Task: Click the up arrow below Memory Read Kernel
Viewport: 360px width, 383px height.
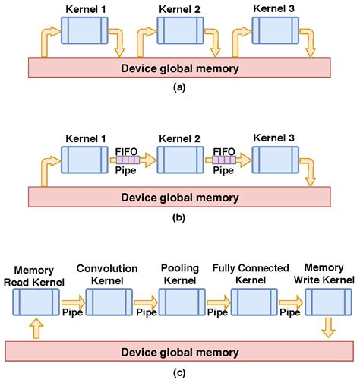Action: (36, 328)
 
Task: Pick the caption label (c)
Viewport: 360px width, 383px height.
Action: (179, 372)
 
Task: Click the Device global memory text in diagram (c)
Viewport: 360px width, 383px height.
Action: (179, 351)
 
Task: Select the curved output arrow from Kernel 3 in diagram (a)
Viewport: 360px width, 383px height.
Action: (307, 43)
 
